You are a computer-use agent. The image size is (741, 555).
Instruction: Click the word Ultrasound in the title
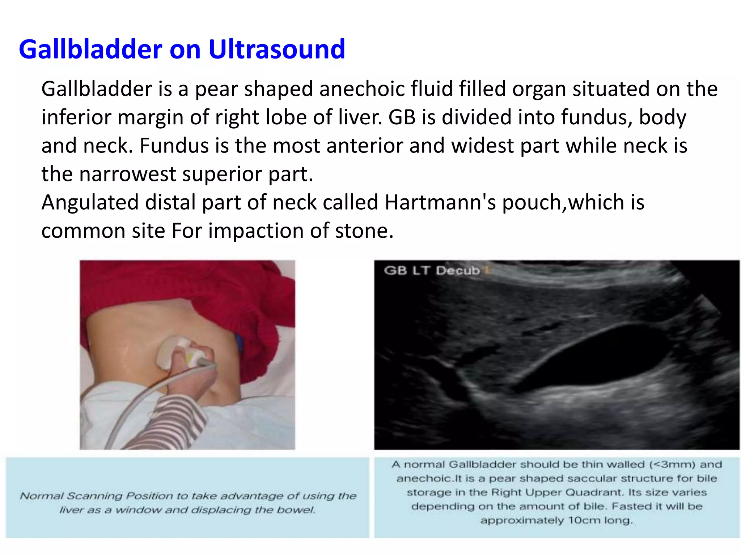click(277, 49)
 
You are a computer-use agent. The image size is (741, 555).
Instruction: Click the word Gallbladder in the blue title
click(90, 49)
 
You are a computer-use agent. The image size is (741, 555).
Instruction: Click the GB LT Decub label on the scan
click(432, 270)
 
